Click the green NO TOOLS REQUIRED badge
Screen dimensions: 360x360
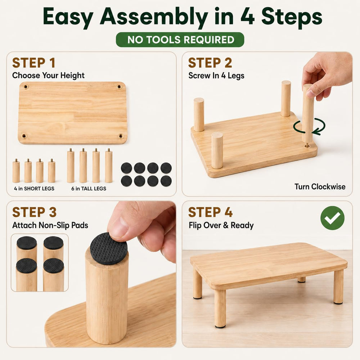coord(180,40)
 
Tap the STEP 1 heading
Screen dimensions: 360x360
coord(34,63)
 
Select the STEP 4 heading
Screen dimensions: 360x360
coord(210,212)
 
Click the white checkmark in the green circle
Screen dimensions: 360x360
coord(332,218)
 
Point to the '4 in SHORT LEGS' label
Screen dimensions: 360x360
coord(34,189)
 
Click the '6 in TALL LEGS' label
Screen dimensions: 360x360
coord(89,189)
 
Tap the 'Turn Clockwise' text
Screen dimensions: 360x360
coord(320,186)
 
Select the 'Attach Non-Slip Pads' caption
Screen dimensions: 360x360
coord(50,225)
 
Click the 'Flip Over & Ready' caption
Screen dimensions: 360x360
coord(221,225)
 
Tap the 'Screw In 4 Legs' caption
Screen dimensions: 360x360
coord(216,76)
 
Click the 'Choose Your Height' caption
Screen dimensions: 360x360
coord(48,76)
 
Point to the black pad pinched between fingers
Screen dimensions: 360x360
coord(109,248)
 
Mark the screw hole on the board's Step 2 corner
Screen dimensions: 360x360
coord(307,145)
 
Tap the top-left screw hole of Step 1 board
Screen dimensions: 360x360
coord(26,87)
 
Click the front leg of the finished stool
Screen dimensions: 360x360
coord(220,309)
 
